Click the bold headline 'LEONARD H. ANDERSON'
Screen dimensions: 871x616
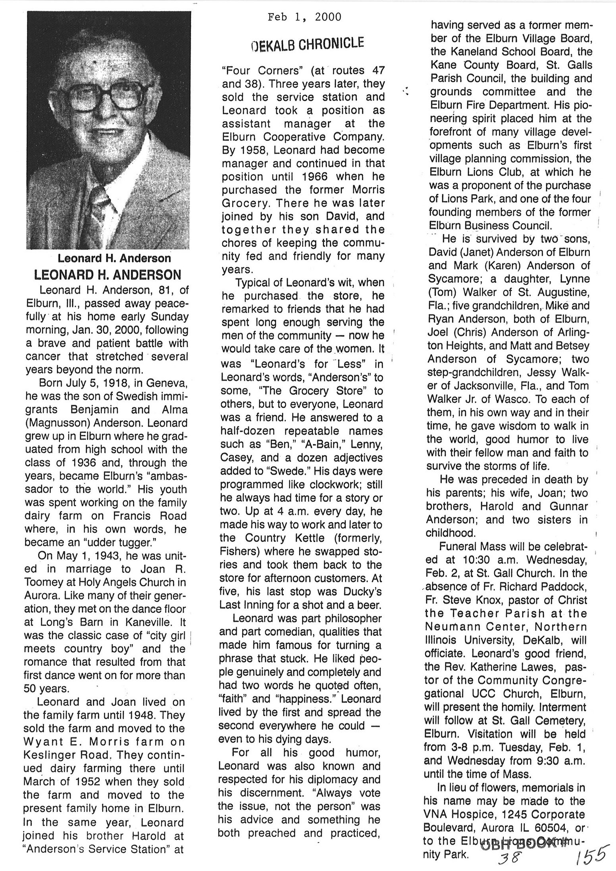(107, 274)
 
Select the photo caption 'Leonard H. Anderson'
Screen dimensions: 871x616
(114, 258)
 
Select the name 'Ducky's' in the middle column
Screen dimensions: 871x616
(361, 592)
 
